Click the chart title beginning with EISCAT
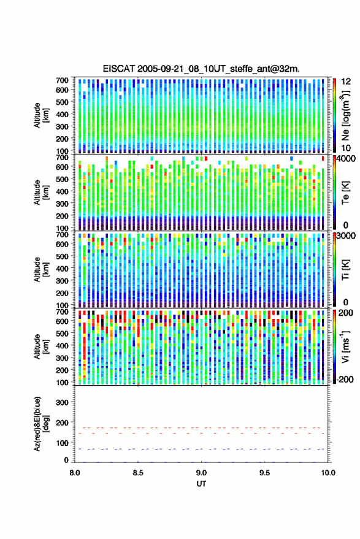[201, 69]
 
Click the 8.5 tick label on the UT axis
[138, 473]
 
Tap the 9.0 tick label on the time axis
[202, 473]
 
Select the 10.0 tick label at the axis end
[328, 473]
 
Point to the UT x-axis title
[202, 484]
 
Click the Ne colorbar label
[345, 115]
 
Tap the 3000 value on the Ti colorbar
[346, 236]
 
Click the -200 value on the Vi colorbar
[343, 379]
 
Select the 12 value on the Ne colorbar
[346, 82]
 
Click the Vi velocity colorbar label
[345, 346]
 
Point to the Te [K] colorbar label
[345, 193]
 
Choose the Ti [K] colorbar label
[345, 270]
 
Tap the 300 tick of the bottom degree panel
[62, 402]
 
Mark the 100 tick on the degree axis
[62, 443]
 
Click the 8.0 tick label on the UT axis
[75, 473]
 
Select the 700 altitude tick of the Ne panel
[62, 80]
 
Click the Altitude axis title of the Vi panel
[41, 346]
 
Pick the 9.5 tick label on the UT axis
[265, 473]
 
